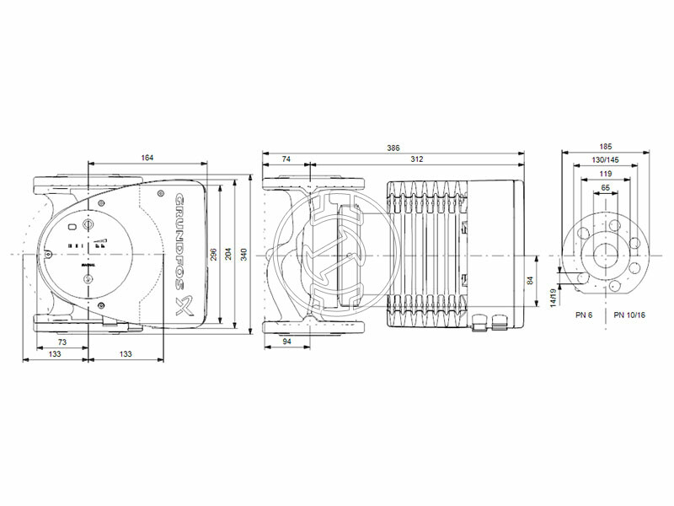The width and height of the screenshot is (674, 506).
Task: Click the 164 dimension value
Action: tap(147, 158)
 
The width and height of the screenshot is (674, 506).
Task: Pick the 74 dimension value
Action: tap(286, 158)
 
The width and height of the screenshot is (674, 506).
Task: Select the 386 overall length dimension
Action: tap(393, 148)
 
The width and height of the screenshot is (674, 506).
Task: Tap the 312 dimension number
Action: tap(416, 158)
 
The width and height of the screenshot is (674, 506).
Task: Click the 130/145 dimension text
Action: tap(606, 159)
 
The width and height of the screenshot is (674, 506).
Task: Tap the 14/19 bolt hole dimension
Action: tap(554, 296)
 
